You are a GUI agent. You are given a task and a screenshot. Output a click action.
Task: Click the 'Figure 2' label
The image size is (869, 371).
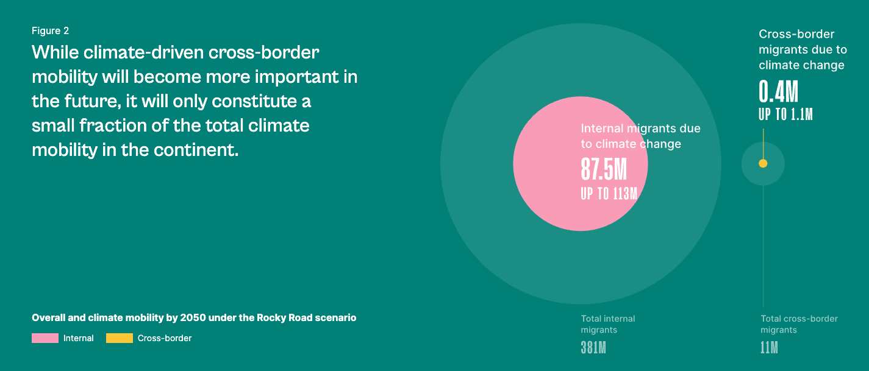pos(51,30)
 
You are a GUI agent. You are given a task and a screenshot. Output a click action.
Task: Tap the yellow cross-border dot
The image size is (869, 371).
pos(763,164)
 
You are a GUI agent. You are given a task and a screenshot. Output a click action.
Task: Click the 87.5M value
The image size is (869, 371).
pos(604,169)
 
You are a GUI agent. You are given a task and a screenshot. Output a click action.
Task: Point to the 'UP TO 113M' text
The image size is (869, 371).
pos(609,194)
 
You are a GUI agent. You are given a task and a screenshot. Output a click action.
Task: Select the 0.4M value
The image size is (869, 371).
pos(778,91)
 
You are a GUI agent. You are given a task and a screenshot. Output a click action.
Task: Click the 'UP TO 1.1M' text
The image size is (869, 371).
pos(785,115)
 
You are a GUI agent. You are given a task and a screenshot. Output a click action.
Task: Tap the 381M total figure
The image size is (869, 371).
pos(593,348)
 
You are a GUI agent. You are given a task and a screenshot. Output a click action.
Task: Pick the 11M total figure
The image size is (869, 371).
pos(769,348)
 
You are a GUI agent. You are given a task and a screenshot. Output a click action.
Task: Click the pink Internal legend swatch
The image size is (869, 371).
pos(45,338)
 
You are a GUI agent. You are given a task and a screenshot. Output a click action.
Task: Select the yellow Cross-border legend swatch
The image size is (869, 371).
pos(120,338)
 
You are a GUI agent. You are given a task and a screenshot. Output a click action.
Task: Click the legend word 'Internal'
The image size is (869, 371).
pos(79,338)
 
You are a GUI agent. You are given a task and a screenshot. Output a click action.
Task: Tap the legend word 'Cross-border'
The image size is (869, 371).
pos(165,338)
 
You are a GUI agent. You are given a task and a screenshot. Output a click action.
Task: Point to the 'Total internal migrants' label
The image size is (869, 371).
pos(608,324)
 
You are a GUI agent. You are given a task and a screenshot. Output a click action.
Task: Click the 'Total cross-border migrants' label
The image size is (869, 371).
pos(799,324)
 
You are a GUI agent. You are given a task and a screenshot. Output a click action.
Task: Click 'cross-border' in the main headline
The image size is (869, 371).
pos(263,52)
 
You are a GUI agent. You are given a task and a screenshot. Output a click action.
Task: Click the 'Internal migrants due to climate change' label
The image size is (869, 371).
pos(640,136)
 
